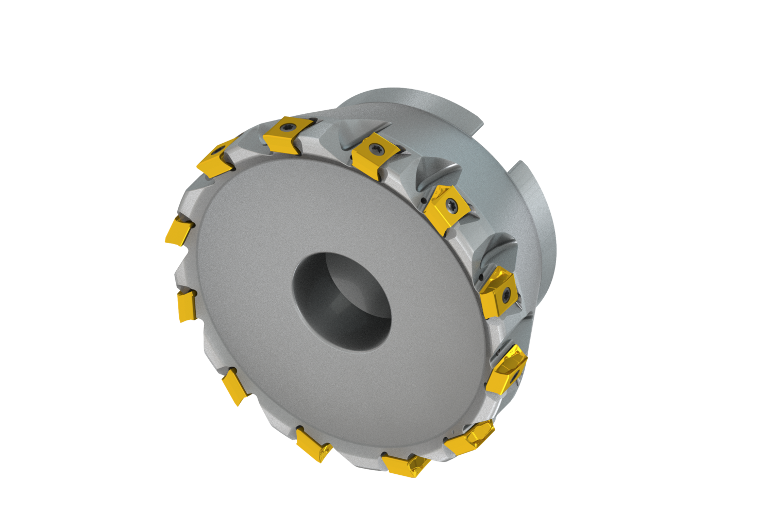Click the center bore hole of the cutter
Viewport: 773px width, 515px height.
(342, 301)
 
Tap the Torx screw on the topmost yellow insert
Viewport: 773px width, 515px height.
(286, 126)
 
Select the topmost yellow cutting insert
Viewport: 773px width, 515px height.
(282, 135)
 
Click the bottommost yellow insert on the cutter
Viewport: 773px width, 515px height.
(406, 465)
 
